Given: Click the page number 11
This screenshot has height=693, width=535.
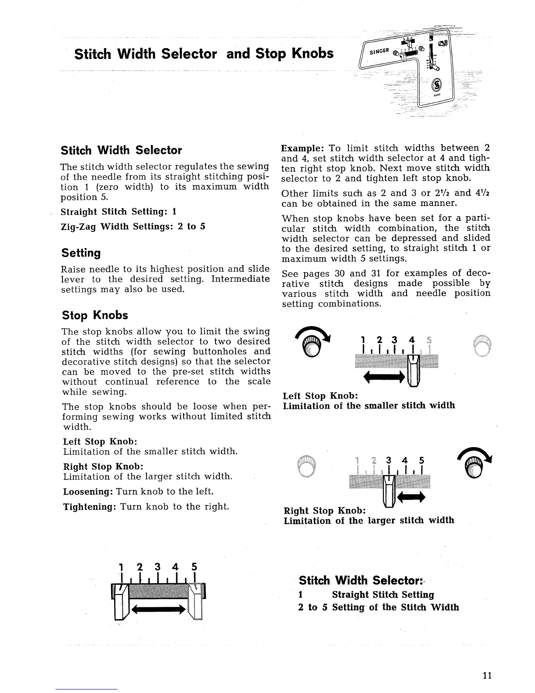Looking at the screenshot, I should click(487, 675).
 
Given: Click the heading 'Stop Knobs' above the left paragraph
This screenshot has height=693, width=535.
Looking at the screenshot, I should click(95, 315).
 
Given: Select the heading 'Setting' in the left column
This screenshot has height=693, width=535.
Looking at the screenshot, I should click(81, 253).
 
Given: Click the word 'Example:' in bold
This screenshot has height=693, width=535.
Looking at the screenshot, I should click(302, 148).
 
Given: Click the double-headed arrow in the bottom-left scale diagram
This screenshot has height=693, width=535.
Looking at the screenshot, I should click(156, 609).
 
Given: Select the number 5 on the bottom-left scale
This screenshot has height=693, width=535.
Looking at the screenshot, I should click(194, 567).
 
